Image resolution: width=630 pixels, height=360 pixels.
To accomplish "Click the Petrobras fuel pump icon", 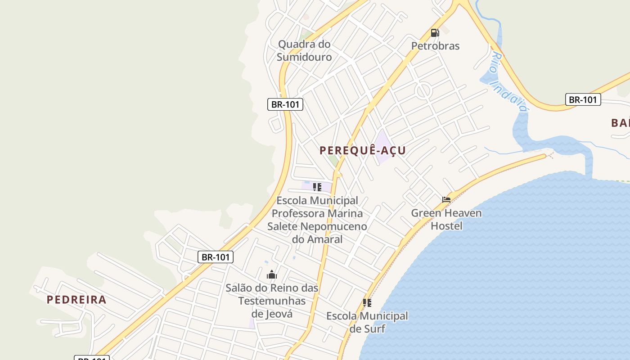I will (435, 33).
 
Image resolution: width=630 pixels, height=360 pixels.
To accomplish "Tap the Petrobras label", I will (435, 46).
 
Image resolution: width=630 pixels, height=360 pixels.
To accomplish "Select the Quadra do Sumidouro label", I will (304, 50).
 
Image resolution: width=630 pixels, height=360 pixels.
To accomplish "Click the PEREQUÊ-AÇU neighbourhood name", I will (363, 150).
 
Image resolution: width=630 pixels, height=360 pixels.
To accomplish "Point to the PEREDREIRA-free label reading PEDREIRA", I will (76, 300).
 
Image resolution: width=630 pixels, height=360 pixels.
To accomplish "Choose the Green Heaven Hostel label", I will (446, 219).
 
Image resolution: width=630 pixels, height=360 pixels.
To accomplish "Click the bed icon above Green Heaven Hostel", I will (446, 200).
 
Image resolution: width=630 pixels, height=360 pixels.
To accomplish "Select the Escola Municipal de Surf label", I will (367, 322).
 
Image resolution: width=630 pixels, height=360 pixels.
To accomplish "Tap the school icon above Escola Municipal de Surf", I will (367, 303).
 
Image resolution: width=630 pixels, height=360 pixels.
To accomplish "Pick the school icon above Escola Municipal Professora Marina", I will (317, 187).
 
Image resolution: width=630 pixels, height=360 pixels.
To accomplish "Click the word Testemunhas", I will (272, 301).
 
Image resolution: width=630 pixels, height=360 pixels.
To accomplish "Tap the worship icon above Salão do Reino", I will (272, 275).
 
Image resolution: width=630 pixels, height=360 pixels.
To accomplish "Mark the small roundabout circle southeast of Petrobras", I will (423, 91).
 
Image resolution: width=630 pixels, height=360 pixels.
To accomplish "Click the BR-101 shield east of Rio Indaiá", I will (583, 99).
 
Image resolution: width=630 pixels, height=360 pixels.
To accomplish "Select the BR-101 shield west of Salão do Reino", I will (216, 257).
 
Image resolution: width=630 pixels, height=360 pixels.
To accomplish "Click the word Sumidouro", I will (304, 57).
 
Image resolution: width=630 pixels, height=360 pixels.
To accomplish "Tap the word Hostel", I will (446, 225).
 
